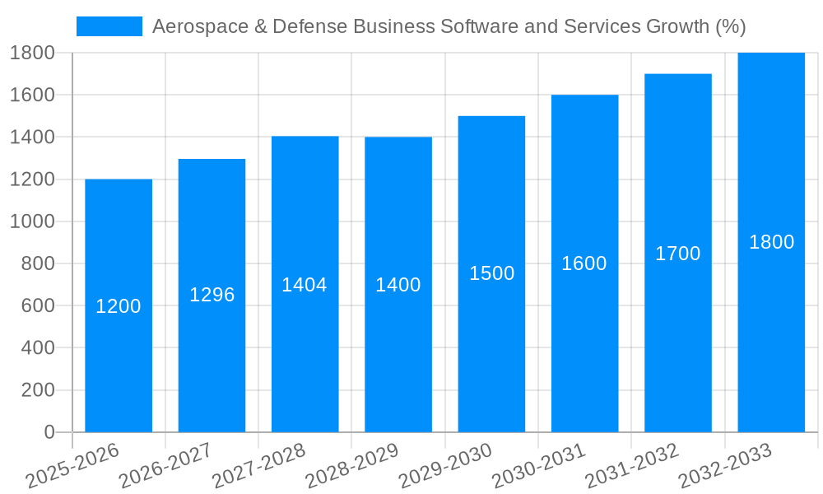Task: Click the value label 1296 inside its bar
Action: click(212, 295)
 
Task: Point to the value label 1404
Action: click(305, 285)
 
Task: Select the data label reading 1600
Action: click(584, 263)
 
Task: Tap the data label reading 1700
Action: click(678, 254)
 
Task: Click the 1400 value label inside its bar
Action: click(398, 285)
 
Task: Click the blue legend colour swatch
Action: click(109, 26)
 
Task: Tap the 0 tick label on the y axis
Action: click(49, 432)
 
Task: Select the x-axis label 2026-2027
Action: click(165, 465)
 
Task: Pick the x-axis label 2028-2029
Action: click(352, 465)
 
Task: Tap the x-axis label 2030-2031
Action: click(539, 465)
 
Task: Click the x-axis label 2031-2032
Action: click(632, 465)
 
